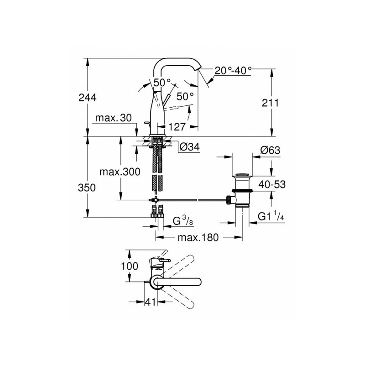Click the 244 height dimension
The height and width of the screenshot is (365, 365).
point(87,97)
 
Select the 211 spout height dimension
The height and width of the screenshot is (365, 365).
point(270,103)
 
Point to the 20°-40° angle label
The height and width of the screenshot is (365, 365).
point(233,70)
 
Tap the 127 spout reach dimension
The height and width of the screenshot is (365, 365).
point(177,127)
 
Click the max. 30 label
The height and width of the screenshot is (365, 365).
point(113,118)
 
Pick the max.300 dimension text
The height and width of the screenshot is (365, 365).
point(120,172)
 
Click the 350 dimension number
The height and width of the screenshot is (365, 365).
point(87,188)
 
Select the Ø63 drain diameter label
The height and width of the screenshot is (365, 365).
point(270,151)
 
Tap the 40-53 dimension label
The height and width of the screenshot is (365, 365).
point(272,184)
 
